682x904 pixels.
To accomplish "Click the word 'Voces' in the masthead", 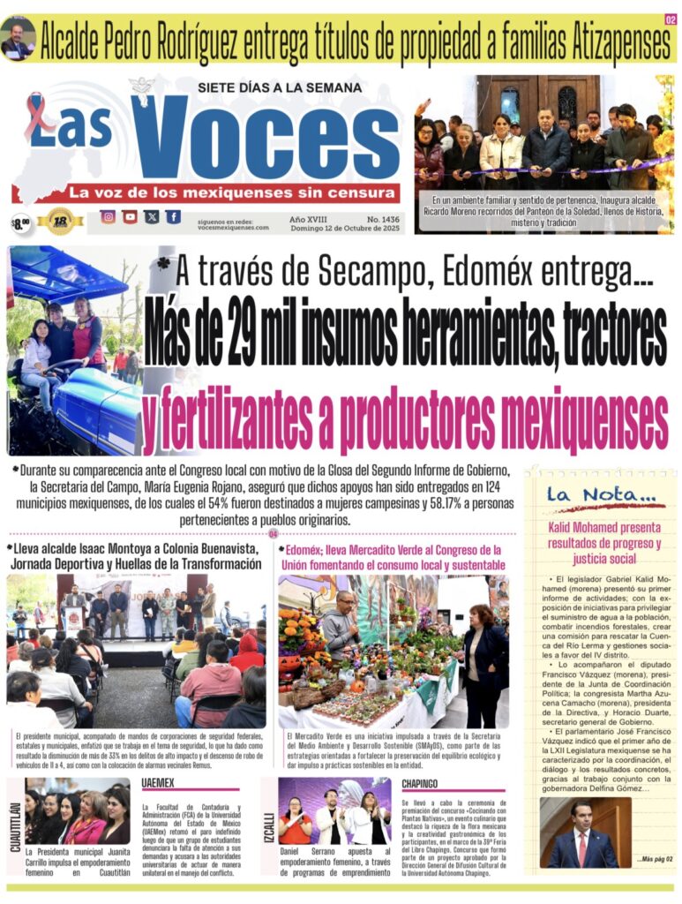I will point(265,139).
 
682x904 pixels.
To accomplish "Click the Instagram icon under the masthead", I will point(108,216).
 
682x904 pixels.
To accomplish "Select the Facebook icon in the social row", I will point(173,216).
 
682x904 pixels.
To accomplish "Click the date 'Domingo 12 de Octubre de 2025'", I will point(346,228).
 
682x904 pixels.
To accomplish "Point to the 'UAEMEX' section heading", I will point(158,783).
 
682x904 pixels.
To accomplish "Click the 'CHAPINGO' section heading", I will point(421,783).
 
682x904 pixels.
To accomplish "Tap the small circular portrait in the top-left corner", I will point(18,39).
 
